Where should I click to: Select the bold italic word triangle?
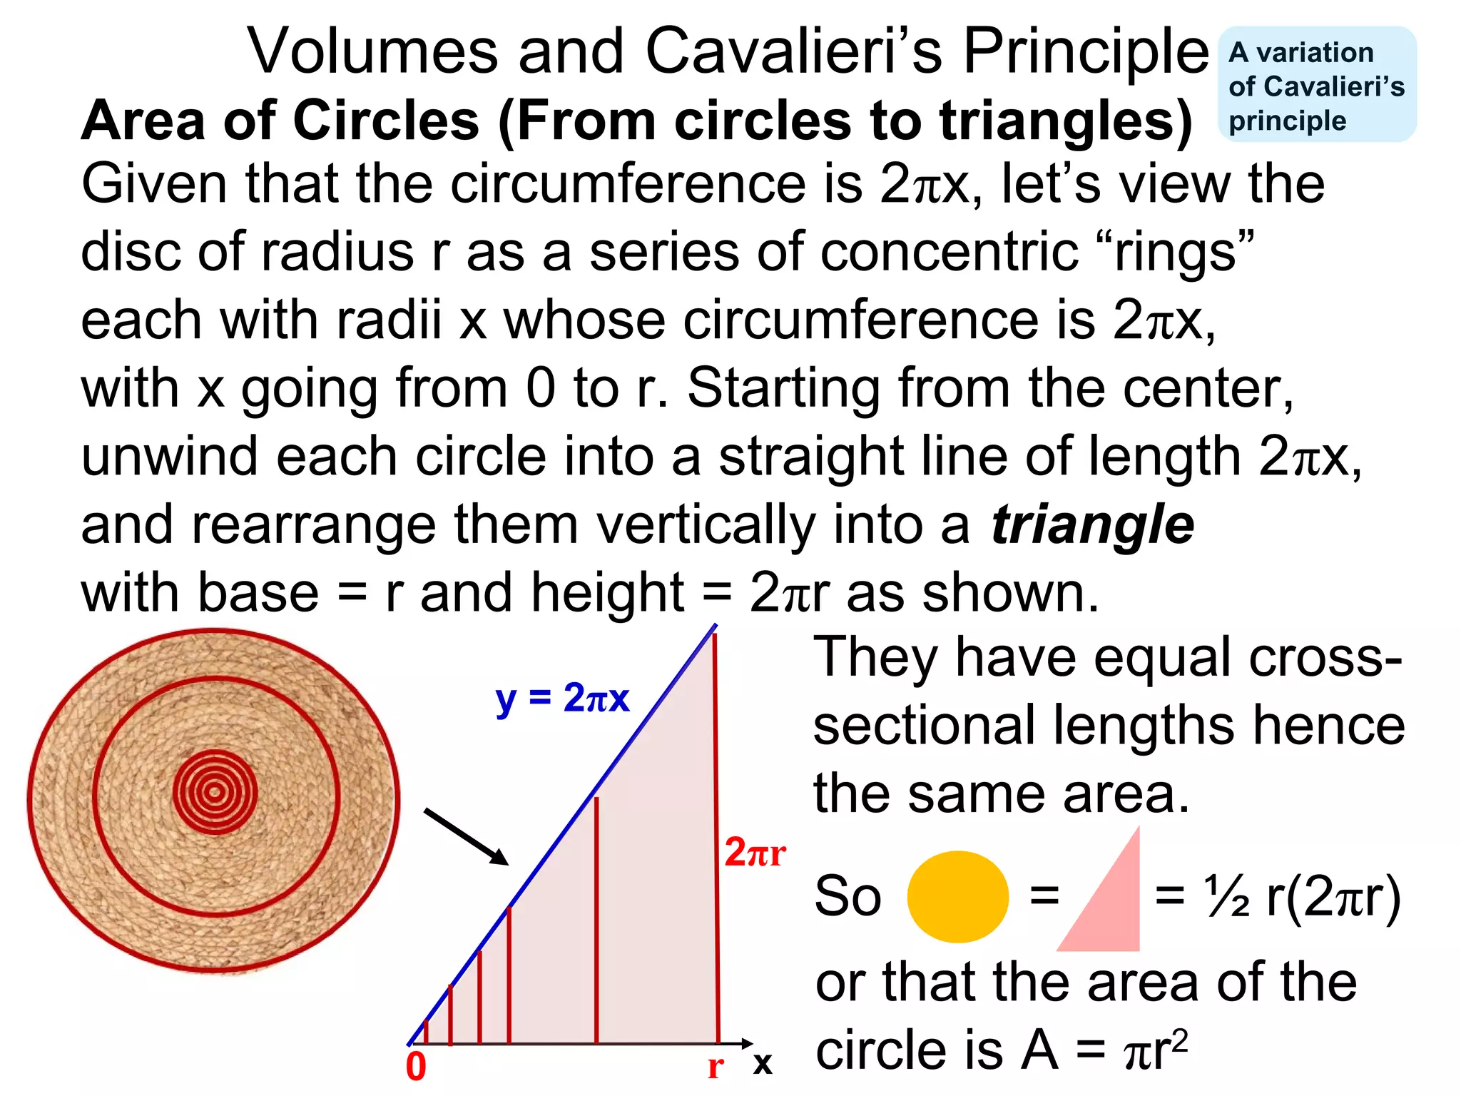pyautogui.click(x=1092, y=525)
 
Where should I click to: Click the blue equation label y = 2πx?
pyautogui.click(x=562, y=698)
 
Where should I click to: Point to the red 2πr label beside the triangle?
pyautogui.click(x=755, y=853)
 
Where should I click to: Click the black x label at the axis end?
pyautogui.click(x=763, y=1063)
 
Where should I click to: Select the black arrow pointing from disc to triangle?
pyautogui.click(x=466, y=836)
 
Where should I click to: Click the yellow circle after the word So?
pyautogui.click(x=957, y=897)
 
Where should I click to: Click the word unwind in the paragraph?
pyautogui.click(x=169, y=457)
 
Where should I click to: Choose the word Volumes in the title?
pyautogui.click(x=372, y=51)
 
